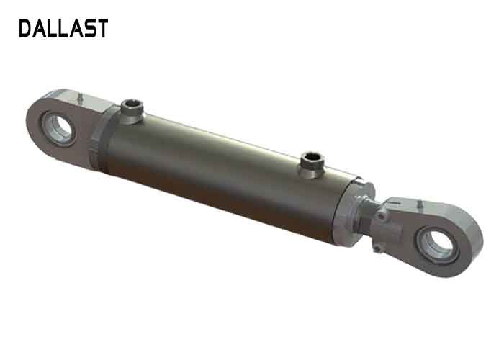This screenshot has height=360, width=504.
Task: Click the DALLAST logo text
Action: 63,29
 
